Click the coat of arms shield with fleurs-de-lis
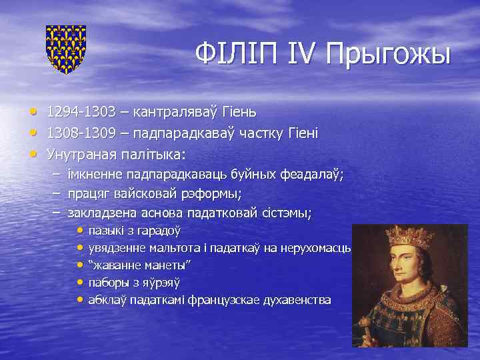point(65,48)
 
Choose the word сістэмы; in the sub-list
point(288,213)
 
